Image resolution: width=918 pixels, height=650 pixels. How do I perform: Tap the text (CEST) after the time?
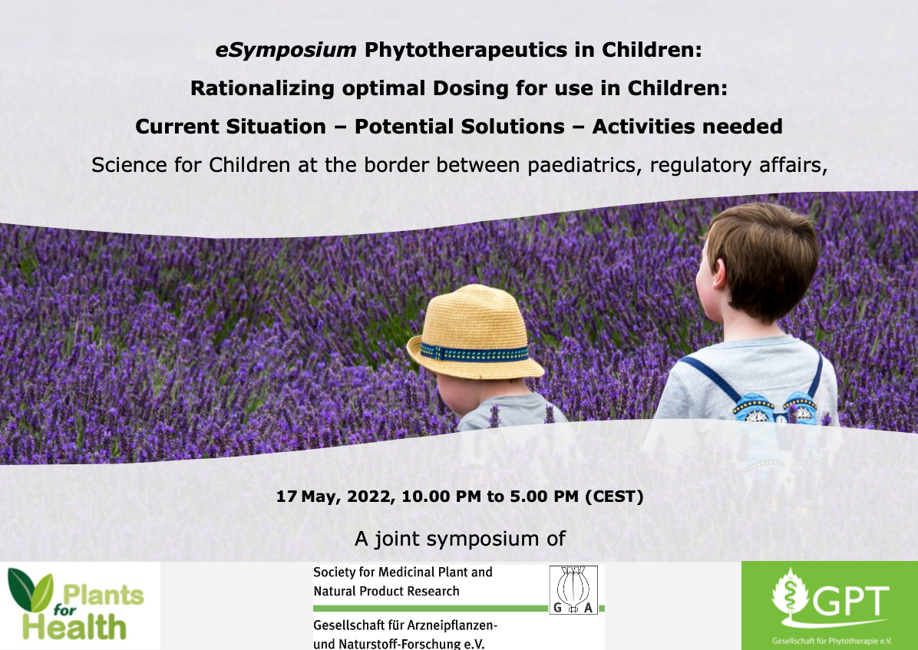click(614, 497)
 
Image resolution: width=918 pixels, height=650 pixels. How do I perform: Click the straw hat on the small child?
click(475, 332)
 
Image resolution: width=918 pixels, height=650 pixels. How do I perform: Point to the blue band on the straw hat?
click(475, 353)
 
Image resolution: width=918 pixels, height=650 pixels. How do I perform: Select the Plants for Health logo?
click(76, 605)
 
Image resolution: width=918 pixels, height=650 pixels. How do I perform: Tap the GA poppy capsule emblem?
click(573, 589)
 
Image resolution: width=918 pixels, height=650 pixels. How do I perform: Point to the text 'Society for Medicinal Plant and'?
click(403, 572)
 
